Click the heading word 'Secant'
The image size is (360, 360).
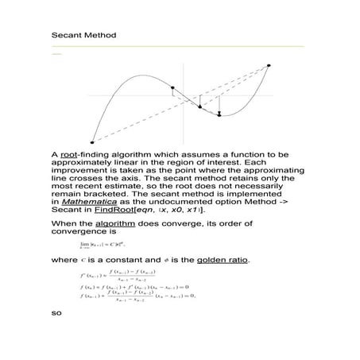click(64, 36)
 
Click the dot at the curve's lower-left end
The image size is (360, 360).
click(93, 142)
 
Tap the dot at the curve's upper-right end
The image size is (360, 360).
click(269, 65)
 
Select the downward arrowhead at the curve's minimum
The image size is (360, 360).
click(219, 114)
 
